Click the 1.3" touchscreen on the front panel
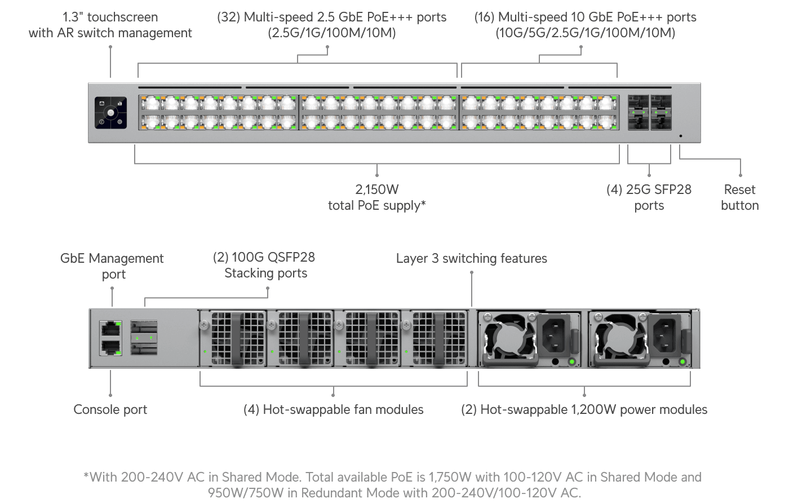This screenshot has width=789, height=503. pyautogui.click(x=110, y=113)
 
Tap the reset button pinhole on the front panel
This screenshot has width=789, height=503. pyautogui.click(x=680, y=136)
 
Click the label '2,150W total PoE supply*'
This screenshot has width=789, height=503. pyautogui.click(x=376, y=197)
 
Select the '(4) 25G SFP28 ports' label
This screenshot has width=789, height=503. pyautogui.click(x=649, y=197)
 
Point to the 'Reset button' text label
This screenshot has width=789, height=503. pyautogui.click(x=739, y=197)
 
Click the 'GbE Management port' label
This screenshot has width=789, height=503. pyautogui.click(x=112, y=266)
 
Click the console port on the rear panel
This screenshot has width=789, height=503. pyautogui.click(x=110, y=347)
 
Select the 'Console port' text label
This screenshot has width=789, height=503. pyautogui.click(x=110, y=409)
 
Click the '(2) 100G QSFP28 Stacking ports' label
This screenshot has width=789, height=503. pyautogui.click(x=265, y=265)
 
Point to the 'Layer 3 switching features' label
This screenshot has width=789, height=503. pyautogui.click(x=471, y=258)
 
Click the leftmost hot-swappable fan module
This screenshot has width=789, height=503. pyautogui.click(x=233, y=338)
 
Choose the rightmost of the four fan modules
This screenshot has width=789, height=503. pyautogui.click(x=434, y=338)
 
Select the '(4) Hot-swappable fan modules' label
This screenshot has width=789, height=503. pyautogui.click(x=333, y=409)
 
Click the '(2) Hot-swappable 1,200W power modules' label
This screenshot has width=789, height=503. pyautogui.click(x=584, y=409)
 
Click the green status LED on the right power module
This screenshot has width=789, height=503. pyautogui.click(x=682, y=361)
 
